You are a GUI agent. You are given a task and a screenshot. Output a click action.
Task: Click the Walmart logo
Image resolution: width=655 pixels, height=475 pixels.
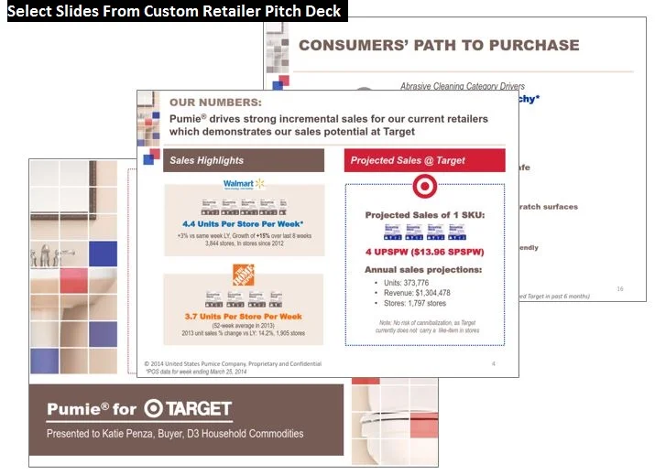[244, 184]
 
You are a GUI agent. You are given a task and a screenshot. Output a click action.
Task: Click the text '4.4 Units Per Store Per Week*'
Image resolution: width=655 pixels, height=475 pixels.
[243, 222]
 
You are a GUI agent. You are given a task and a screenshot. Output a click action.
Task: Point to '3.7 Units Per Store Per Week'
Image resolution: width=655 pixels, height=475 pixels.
[243, 316]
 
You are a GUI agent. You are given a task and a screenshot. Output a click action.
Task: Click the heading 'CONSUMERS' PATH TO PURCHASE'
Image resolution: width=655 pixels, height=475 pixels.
[439, 45]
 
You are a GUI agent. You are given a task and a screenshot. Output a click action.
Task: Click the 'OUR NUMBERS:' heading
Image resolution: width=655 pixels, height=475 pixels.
[215, 103]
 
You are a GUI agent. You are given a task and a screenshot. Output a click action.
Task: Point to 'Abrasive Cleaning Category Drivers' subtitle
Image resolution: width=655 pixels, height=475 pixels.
[463, 86]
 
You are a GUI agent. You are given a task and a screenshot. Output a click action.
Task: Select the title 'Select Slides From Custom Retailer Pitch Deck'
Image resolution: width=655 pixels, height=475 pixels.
[174, 11]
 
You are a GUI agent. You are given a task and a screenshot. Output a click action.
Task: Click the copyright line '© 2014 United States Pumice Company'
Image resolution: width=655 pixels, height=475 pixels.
[234, 364]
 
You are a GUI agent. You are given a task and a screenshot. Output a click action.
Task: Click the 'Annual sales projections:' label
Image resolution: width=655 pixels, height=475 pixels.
[423, 270]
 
